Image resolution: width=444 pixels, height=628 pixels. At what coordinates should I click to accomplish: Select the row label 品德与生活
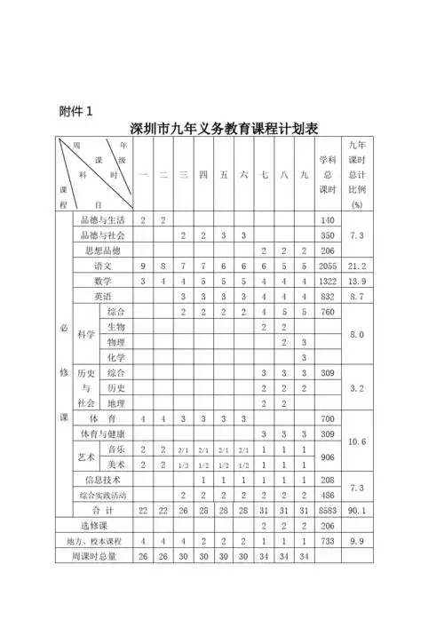[x=103, y=219]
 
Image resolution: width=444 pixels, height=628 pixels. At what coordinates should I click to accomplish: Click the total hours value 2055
[x=328, y=266]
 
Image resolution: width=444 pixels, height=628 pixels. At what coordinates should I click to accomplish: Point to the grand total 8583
[x=328, y=510]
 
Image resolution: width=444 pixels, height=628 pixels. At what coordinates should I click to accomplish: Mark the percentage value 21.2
[x=358, y=266]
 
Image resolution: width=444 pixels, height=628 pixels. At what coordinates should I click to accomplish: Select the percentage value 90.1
[x=358, y=510]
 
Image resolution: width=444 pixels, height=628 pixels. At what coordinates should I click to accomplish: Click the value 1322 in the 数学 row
[x=328, y=281]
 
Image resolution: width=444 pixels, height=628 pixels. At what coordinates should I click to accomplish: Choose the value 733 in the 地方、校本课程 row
[x=328, y=540]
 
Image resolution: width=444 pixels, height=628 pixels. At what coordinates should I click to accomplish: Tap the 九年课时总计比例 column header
[x=358, y=175]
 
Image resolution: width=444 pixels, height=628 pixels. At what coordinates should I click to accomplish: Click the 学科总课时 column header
[x=328, y=175]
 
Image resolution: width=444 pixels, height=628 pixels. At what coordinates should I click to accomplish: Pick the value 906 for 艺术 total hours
[x=328, y=457]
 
